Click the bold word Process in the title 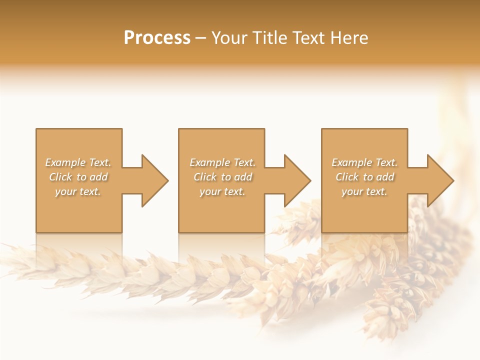pyautogui.click(x=157, y=38)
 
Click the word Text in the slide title pyautogui.click(x=307, y=38)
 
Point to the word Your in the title pyautogui.click(x=230, y=38)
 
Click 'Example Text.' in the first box pyautogui.click(x=78, y=162)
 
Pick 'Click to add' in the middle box pyautogui.click(x=222, y=177)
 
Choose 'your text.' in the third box pyautogui.click(x=364, y=191)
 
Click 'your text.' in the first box pyautogui.click(x=78, y=191)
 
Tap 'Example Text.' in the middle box pyautogui.click(x=222, y=162)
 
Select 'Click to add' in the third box pyautogui.click(x=364, y=177)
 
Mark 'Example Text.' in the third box pyautogui.click(x=364, y=162)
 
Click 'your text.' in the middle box pyautogui.click(x=222, y=191)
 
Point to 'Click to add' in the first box pyautogui.click(x=78, y=177)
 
